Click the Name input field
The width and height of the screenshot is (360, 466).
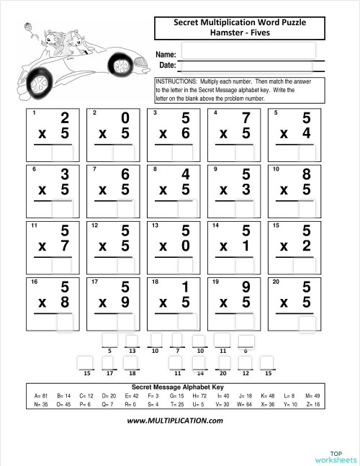(x=248, y=50)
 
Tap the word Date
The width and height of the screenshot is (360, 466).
(x=167, y=66)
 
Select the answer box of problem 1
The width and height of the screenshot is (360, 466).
(x=62, y=153)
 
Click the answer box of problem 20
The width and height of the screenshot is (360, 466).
(x=307, y=323)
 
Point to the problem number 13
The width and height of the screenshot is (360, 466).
(x=156, y=225)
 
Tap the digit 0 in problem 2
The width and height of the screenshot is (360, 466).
(x=125, y=118)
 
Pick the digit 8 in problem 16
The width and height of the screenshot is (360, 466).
(x=64, y=303)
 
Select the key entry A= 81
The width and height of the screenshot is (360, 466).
(x=41, y=396)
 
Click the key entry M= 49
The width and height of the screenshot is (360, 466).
(x=312, y=396)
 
